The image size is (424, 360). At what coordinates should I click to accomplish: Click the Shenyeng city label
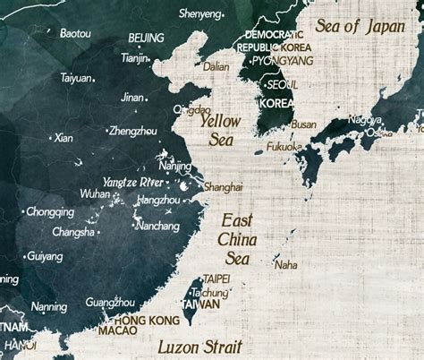[x=199, y=14]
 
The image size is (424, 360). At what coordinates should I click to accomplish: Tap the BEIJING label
[x=146, y=38]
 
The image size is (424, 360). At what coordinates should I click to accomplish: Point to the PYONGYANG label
[x=282, y=60]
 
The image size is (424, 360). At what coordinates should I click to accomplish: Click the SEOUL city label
[x=283, y=84]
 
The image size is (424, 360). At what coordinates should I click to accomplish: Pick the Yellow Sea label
[x=220, y=129]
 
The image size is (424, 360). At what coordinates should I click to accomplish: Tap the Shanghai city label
[x=223, y=187]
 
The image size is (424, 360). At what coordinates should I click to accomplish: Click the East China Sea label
[x=237, y=238]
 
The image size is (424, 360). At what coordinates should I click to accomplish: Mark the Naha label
[x=286, y=264]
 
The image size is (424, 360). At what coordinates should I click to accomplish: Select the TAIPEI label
[x=216, y=279]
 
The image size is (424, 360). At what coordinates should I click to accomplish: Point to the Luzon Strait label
[x=200, y=345]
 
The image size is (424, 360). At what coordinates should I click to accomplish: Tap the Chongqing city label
[x=50, y=212]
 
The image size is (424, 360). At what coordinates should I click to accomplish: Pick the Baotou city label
[x=74, y=33]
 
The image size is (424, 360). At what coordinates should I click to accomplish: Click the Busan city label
[x=303, y=124]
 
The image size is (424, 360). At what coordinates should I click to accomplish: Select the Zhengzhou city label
[x=131, y=131]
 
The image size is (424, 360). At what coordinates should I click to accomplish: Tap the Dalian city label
[x=216, y=65]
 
